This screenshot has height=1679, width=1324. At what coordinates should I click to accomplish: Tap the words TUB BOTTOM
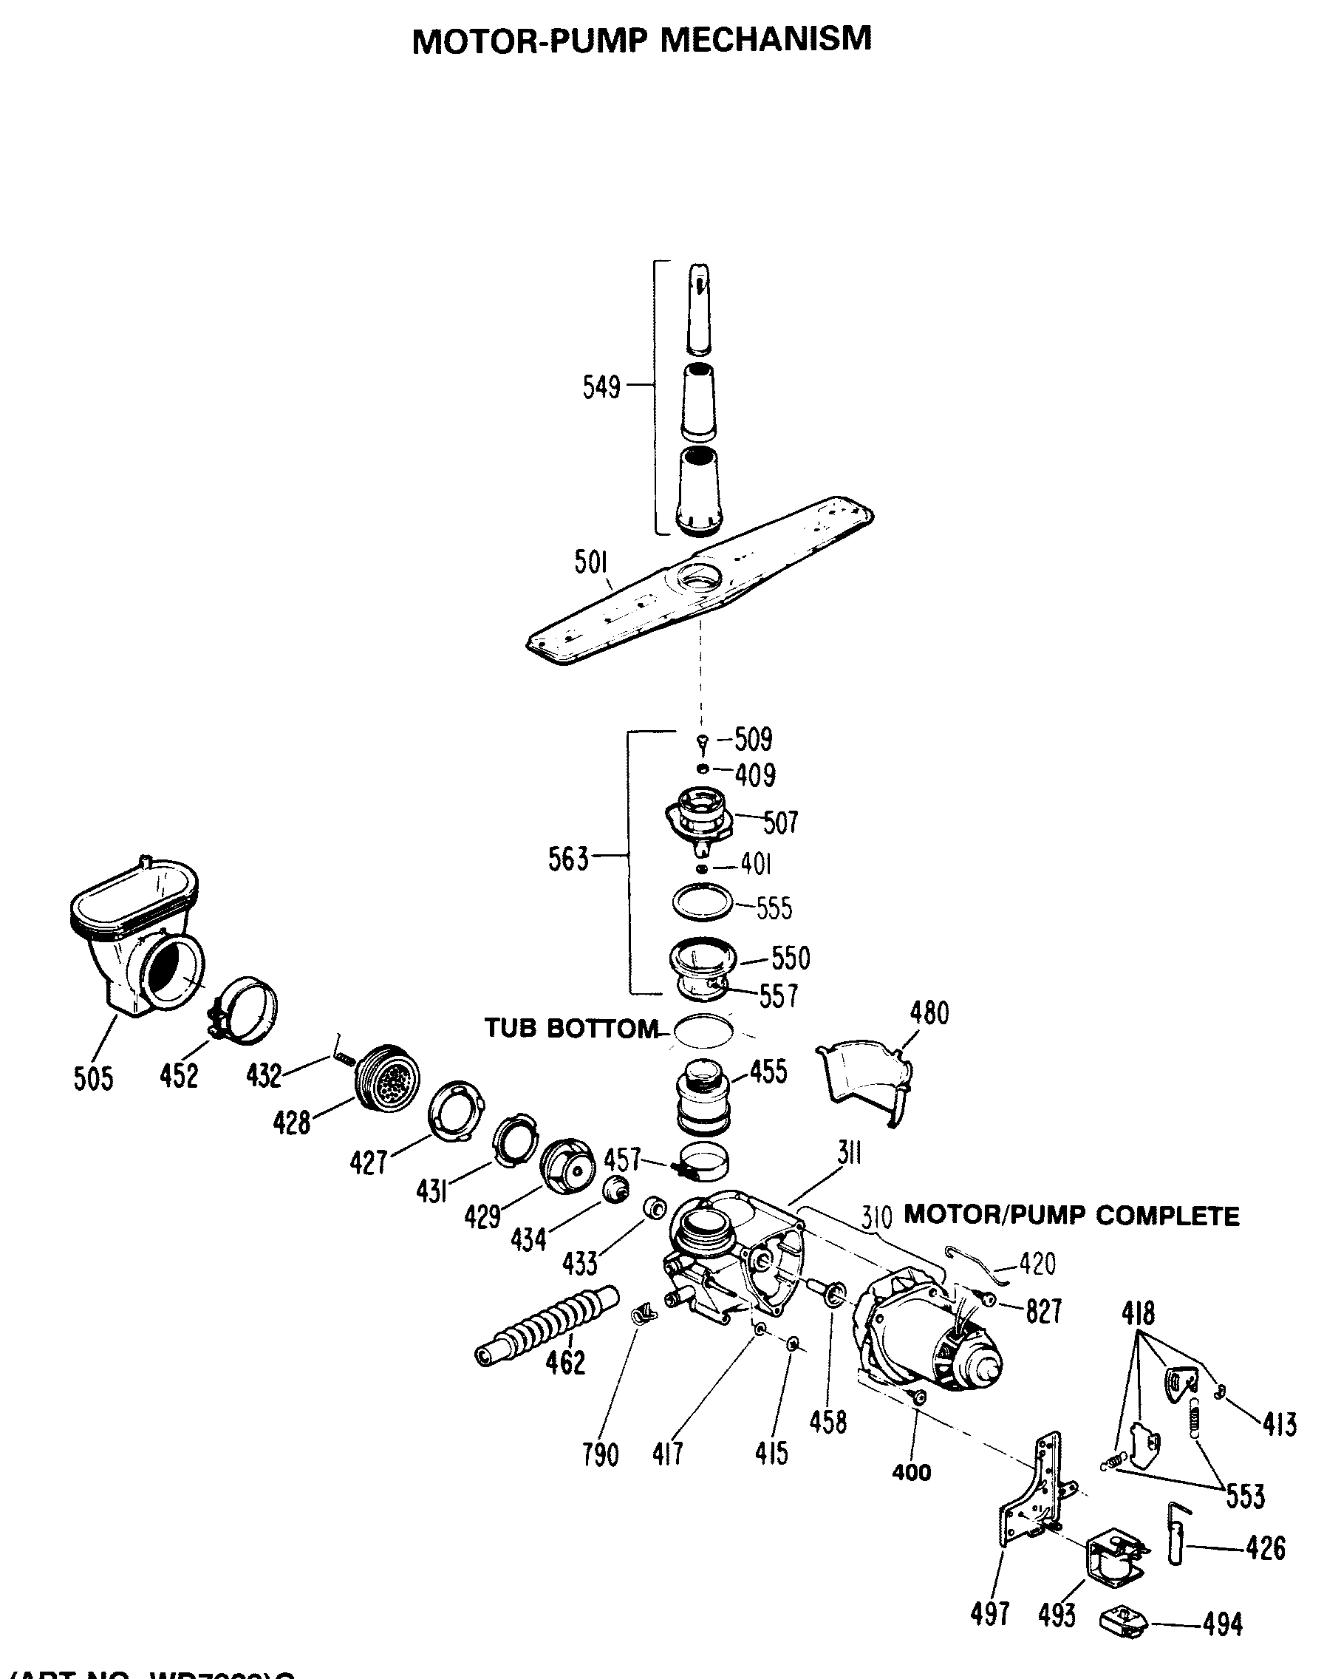click(x=571, y=1029)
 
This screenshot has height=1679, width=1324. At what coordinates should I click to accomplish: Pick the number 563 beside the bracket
click(x=568, y=859)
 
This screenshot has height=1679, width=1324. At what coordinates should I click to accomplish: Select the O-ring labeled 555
click(x=703, y=903)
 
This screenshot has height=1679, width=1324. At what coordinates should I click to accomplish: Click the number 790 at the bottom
click(x=601, y=1456)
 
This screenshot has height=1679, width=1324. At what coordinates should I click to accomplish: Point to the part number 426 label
click(x=1266, y=1549)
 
